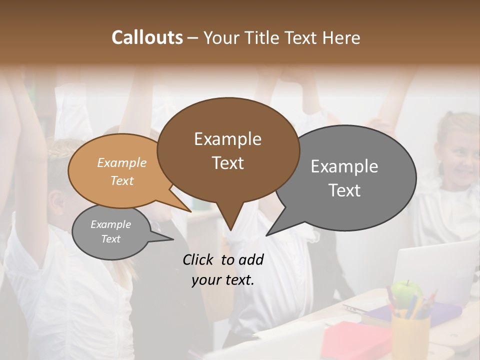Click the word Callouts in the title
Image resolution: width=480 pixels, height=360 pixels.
[x=147, y=37]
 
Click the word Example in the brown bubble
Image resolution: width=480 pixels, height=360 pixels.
[x=228, y=139]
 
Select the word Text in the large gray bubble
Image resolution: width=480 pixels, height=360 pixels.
[x=344, y=190]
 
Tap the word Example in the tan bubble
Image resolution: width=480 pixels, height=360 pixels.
[x=122, y=162]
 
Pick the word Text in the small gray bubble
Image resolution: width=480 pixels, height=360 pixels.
[x=111, y=239]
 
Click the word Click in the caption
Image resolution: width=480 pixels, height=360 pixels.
[x=199, y=259]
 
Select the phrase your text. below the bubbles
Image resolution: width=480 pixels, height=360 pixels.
[x=223, y=280]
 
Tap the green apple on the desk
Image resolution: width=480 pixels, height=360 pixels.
[x=406, y=292]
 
